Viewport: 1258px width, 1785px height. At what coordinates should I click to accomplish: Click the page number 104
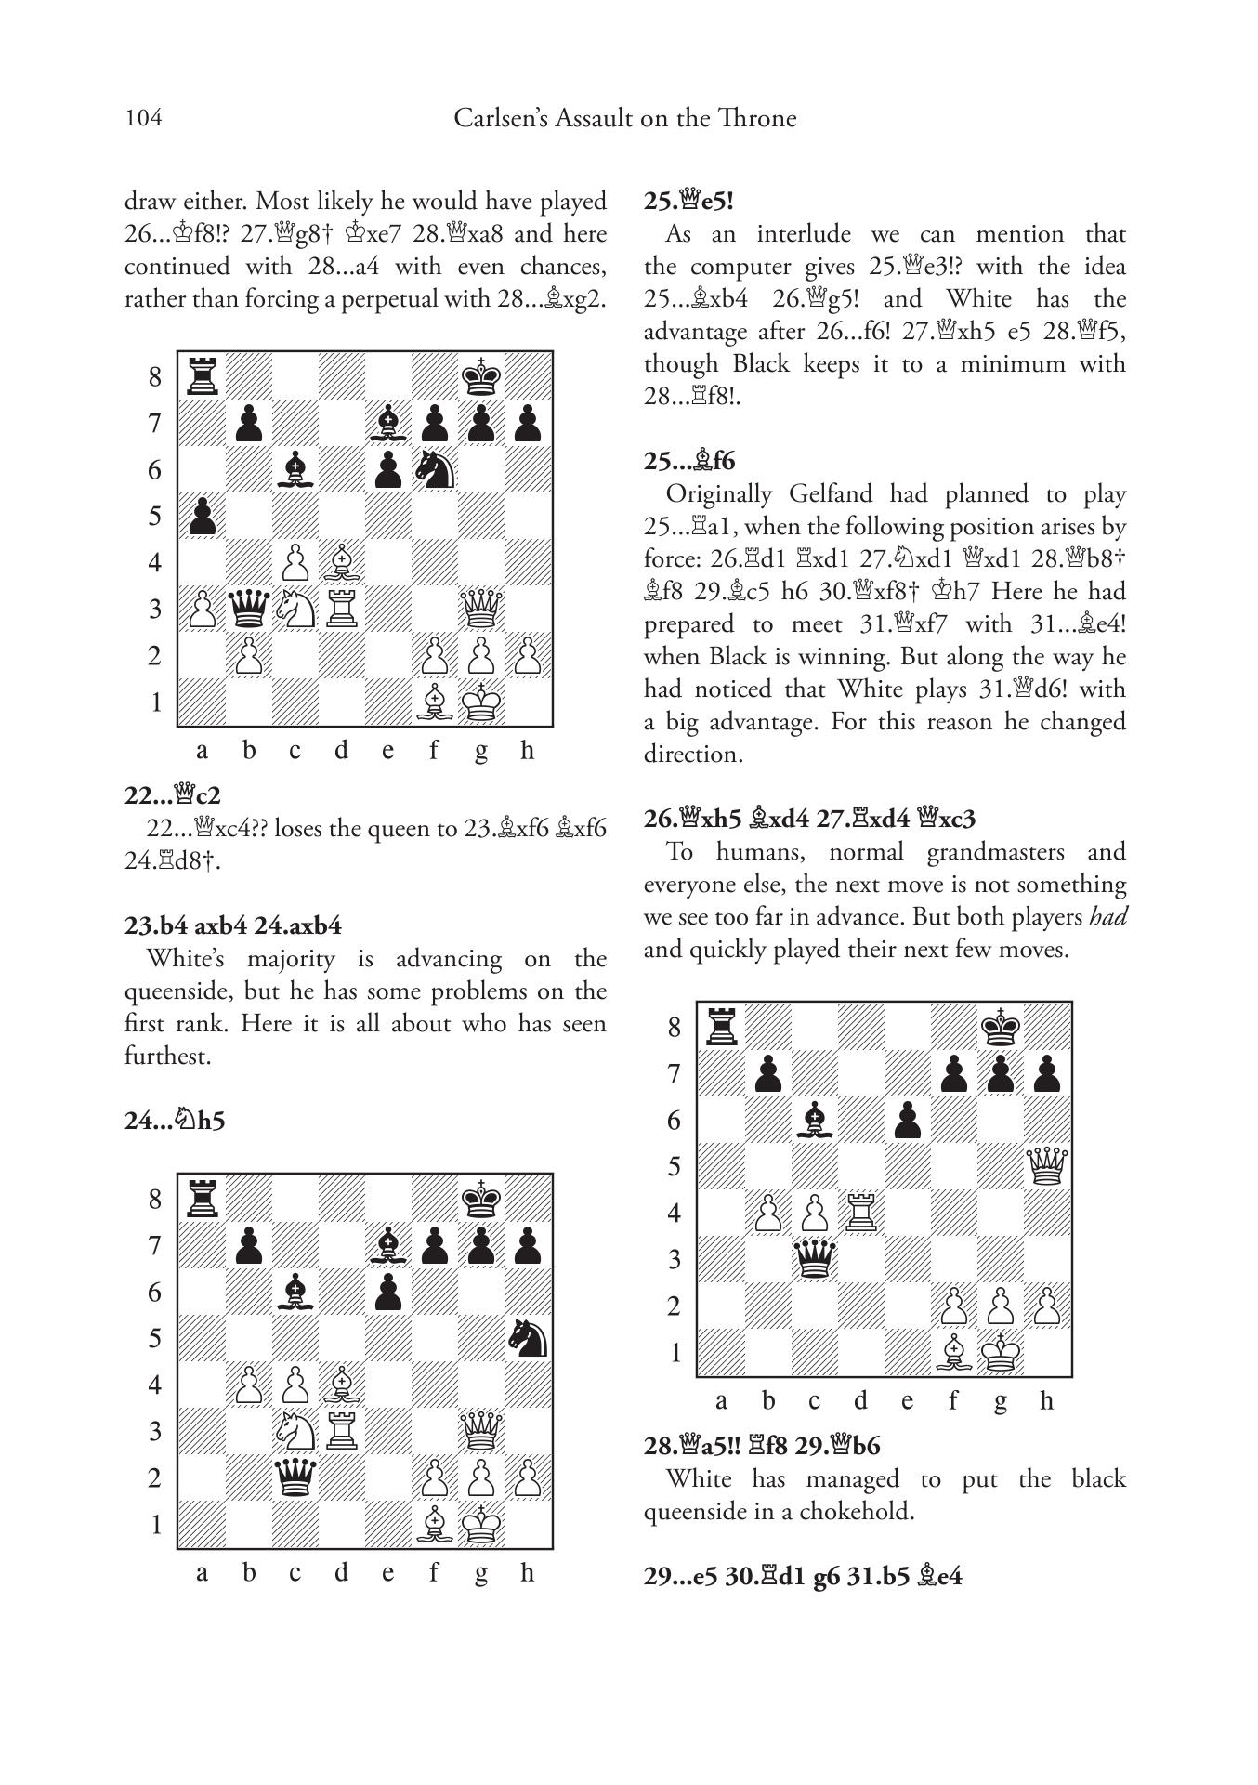(x=143, y=118)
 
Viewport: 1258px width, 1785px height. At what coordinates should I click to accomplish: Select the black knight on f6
(x=434, y=470)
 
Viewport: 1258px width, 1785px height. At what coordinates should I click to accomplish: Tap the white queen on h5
(x=1046, y=1167)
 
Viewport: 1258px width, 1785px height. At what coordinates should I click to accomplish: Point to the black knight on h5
(x=527, y=1339)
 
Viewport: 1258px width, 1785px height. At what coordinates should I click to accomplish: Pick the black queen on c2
(x=295, y=1477)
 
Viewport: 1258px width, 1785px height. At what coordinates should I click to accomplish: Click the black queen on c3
(x=814, y=1260)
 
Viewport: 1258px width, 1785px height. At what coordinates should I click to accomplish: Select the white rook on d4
(x=860, y=1214)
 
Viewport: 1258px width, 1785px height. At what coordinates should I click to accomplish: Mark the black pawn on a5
(x=202, y=517)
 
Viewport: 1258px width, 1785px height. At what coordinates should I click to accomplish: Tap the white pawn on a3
(x=202, y=610)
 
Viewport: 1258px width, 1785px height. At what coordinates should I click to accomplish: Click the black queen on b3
(x=248, y=610)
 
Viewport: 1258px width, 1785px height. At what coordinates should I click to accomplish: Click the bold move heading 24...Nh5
(x=175, y=1121)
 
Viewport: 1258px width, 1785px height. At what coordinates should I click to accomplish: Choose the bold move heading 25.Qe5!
(x=688, y=201)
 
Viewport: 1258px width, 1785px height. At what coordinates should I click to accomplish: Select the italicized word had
(x=1107, y=916)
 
